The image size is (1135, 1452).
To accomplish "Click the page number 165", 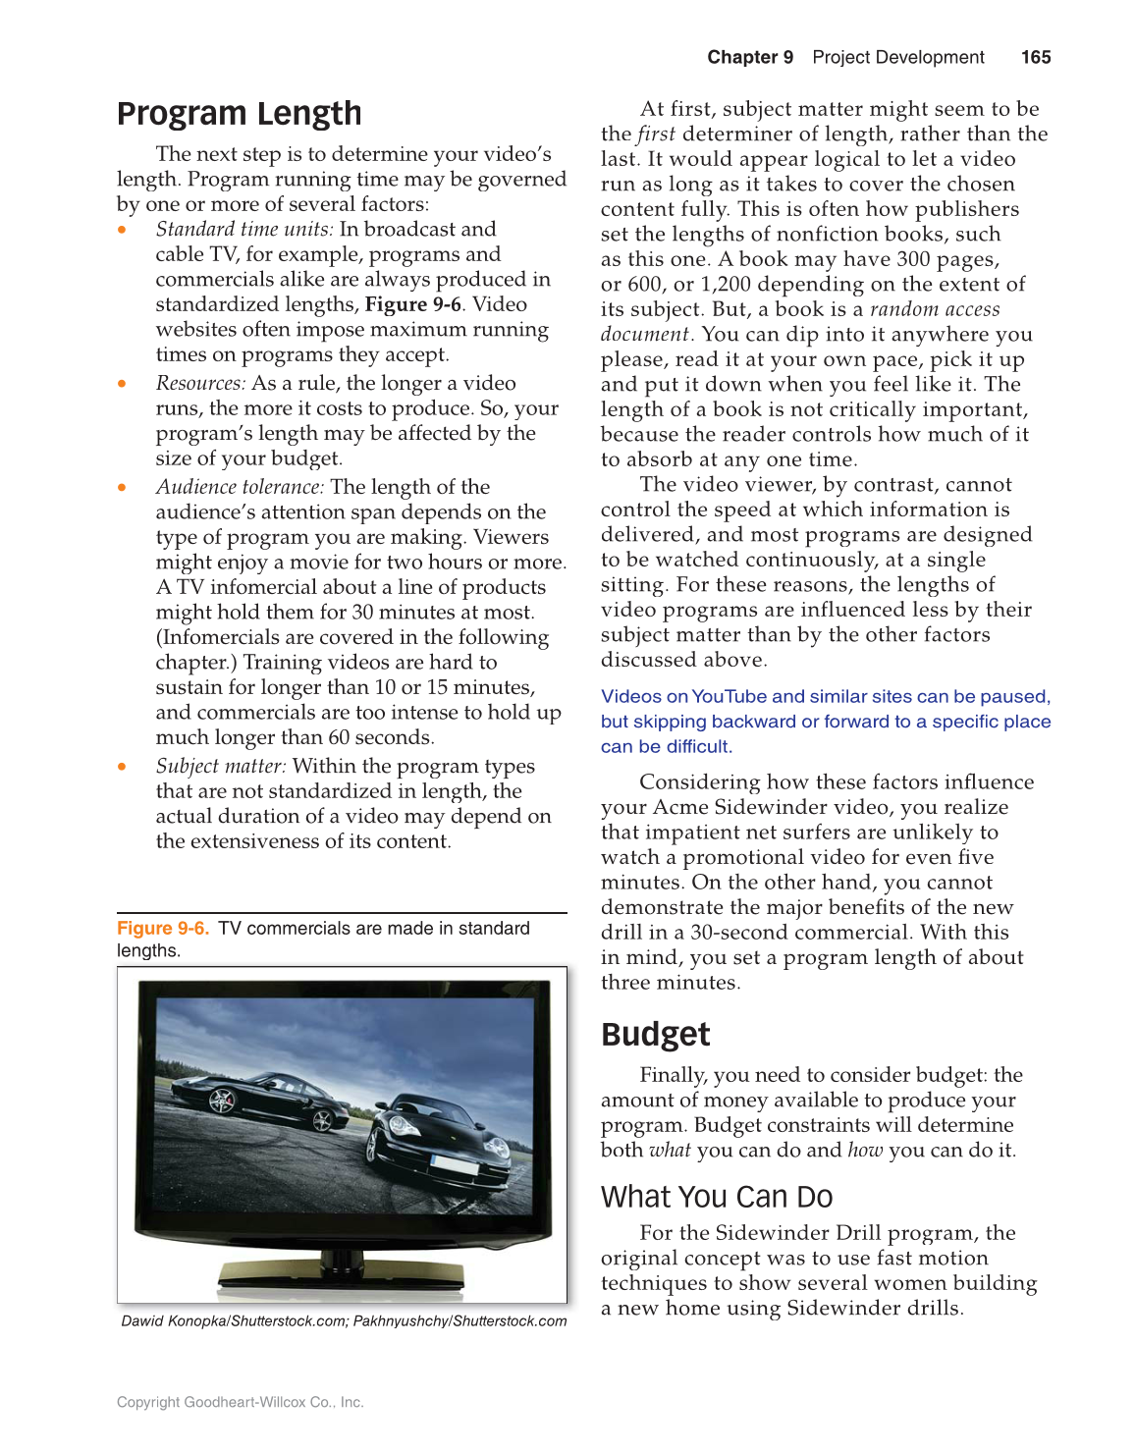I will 1035,57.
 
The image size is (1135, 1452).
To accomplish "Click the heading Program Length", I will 239,114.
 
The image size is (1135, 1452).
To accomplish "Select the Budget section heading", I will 655,1035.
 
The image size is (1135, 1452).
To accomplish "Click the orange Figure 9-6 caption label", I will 162,929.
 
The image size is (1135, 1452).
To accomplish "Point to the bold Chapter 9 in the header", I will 749,57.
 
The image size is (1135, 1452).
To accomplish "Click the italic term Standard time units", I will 243,229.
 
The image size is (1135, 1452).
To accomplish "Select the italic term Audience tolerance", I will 239,487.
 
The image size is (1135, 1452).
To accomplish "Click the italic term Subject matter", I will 220,766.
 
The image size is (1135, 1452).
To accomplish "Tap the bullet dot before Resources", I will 122,384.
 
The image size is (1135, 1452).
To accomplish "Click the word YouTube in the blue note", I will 729,696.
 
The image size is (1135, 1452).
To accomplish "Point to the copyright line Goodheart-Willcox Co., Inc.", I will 240,1402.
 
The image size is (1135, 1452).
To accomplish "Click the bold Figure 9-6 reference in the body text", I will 412,304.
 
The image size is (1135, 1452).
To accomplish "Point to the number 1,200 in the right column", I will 725,285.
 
